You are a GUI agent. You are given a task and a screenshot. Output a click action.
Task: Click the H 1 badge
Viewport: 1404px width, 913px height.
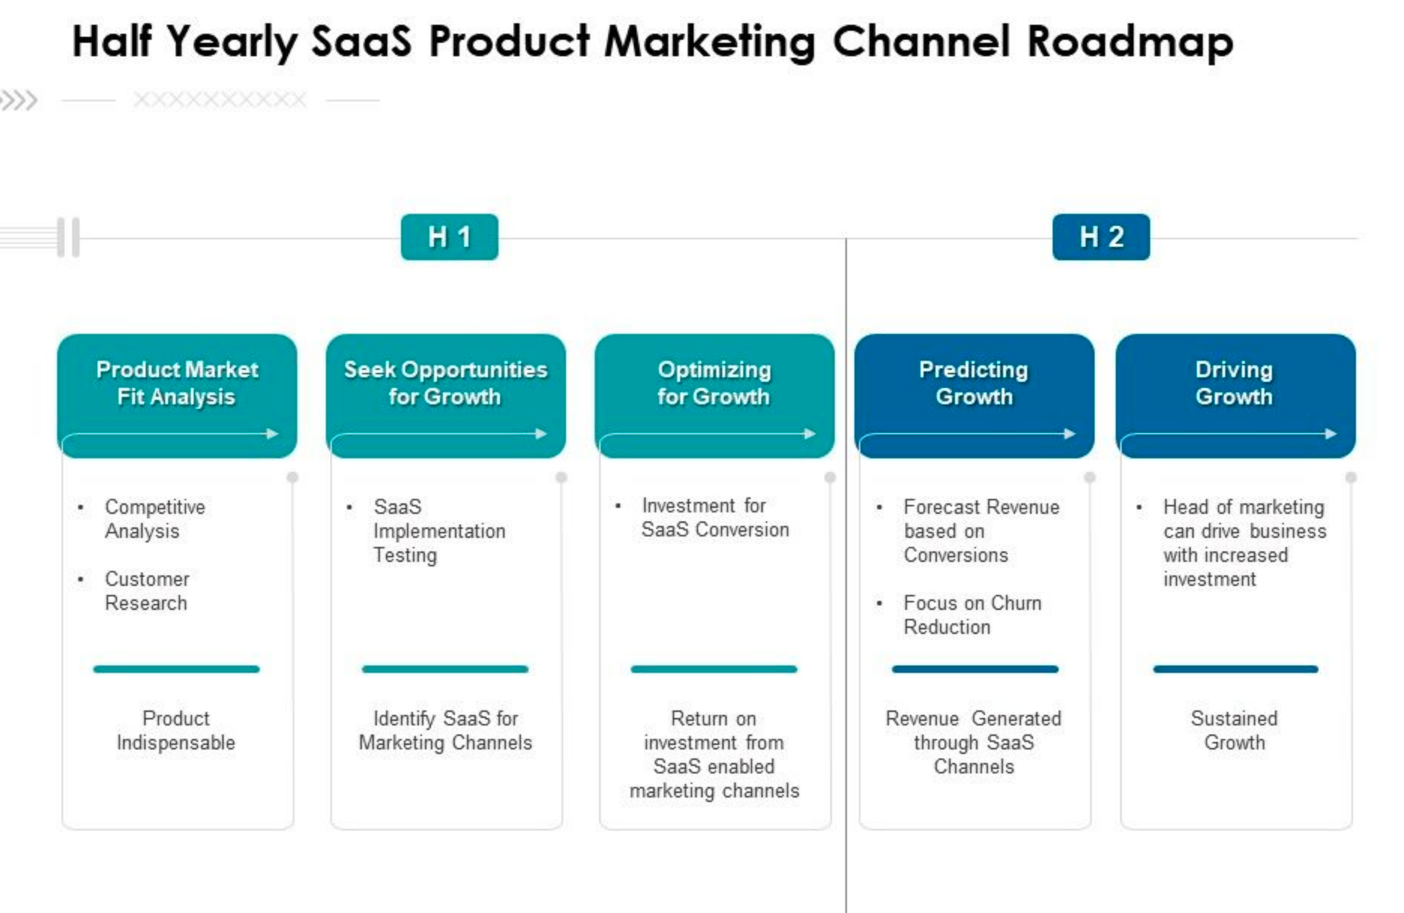449,237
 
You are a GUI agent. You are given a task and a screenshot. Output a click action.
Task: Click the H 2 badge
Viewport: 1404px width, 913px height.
1101,237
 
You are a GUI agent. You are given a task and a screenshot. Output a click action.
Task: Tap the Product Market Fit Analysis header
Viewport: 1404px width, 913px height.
177,383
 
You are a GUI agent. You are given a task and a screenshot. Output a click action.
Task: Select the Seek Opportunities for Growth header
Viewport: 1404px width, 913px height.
445,383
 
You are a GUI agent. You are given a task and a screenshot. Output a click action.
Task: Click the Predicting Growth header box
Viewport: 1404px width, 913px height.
974,383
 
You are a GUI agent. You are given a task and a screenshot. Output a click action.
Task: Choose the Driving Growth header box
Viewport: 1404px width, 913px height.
1234,383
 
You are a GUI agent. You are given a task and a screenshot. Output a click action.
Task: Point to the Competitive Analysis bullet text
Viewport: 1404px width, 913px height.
154,519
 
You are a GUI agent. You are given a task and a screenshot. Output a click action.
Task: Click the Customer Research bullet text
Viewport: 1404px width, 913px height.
146,591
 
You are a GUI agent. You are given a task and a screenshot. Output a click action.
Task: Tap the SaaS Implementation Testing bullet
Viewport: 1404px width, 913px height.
438,531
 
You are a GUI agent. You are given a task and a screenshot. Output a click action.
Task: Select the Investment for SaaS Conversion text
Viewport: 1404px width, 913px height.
714,518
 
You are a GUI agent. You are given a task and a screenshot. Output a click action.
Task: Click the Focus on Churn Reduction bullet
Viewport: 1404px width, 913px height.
972,615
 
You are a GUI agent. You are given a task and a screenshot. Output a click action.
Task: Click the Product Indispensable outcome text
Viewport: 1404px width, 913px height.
176,731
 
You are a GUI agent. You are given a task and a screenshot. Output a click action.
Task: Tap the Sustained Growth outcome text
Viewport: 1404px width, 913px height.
1234,731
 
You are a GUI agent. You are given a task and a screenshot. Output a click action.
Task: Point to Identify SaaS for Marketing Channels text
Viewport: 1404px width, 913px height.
445,731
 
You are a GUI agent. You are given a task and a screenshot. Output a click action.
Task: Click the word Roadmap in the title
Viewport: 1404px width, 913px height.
1130,41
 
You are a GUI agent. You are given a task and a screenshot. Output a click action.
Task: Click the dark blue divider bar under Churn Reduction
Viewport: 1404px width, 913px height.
975,669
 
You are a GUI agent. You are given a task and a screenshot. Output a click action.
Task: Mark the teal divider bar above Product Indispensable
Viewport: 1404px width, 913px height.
176,669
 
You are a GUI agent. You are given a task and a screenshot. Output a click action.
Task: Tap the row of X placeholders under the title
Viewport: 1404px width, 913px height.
220,100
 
